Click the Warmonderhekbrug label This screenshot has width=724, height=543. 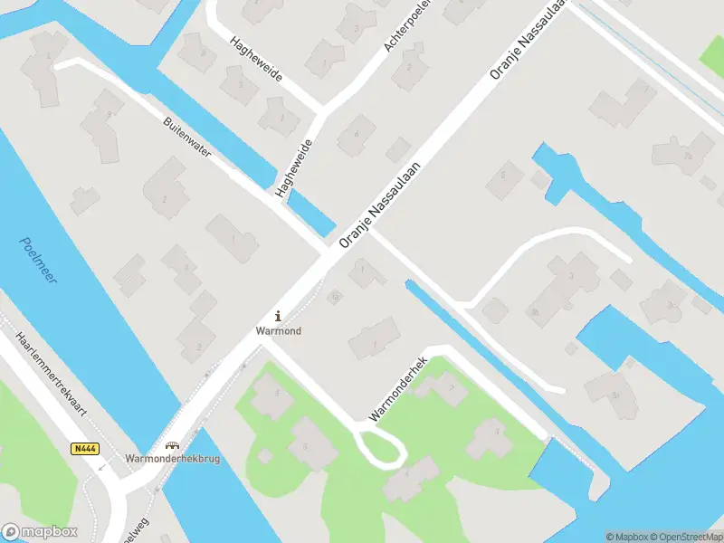pyautogui.click(x=172, y=459)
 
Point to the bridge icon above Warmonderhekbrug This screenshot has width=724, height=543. pyautogui.click(x=172, y=445)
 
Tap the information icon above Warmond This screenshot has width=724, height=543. pyautogui.click(x=278, y=316)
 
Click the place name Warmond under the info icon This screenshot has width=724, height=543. pyautogui.click(x=278, y=331)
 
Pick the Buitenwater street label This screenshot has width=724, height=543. pyautogui.click(x=187, y=138)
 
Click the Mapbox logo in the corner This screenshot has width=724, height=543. pyautogui.click(x=40, y=532)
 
